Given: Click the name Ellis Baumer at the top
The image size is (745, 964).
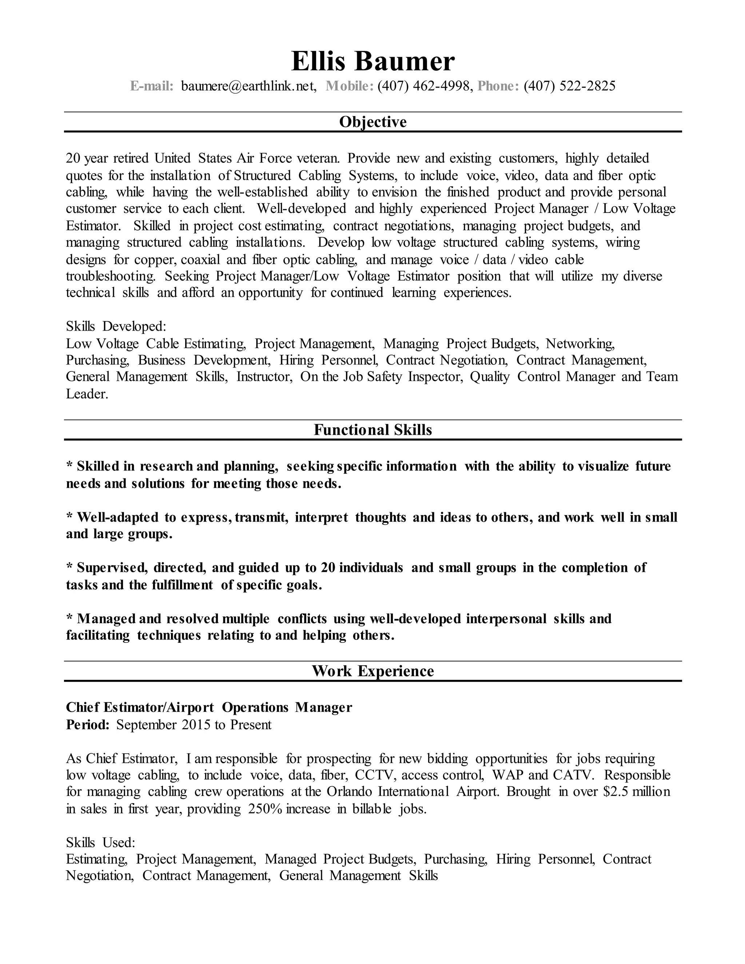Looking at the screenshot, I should tap(372, 61).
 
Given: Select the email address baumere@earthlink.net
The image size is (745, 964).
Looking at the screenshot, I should tap(248, 86).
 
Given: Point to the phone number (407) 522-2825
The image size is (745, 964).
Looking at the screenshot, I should tap(569, 86).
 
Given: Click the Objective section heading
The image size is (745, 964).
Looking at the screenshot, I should tap(372, 122).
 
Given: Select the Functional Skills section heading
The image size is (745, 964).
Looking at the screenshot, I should tap(372, 430).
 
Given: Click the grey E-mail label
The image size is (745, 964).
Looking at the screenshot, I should tap(152, 86).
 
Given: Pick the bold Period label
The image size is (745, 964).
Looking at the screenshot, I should tap(87, 725).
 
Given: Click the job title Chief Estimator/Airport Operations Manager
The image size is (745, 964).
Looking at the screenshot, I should tap(209, 708).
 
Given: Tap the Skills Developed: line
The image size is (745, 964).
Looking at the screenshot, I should tap(116, 327).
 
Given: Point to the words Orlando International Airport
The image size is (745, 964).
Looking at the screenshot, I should tap(412, 792).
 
